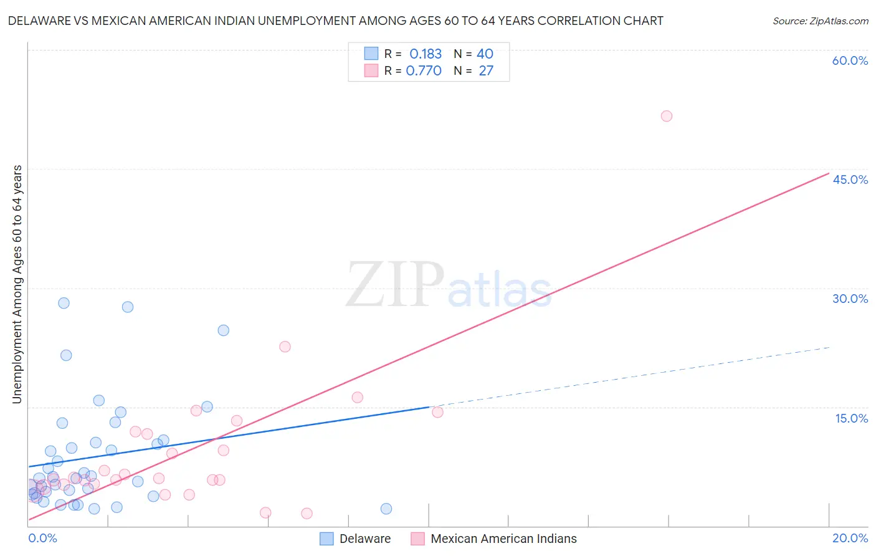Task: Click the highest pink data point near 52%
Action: coord(666,116)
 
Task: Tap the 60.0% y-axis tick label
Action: coord(850,60)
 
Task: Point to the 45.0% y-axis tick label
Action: coord(850,180)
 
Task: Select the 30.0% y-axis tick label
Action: coord(850,299)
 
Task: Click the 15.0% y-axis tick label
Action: coord(851,418)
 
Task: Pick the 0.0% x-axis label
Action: coord(42,539)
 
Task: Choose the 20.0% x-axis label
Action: coord(850,539)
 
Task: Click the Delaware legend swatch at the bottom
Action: coord(326,539)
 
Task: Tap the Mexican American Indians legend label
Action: coord(503,539)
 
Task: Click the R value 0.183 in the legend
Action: coord(426,54)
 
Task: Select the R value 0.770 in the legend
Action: coord(424,70)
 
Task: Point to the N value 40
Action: coord(485,54)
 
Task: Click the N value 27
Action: coord(486,70)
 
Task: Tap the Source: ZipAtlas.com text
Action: coord(820,21)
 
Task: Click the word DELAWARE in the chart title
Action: coord(39,21)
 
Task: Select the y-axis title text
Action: coord(17,284)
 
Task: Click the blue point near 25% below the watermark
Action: coord(223,330)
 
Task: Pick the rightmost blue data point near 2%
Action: coord(386,509)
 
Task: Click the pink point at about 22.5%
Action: coord(285,347)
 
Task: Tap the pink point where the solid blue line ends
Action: coord(437,412)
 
